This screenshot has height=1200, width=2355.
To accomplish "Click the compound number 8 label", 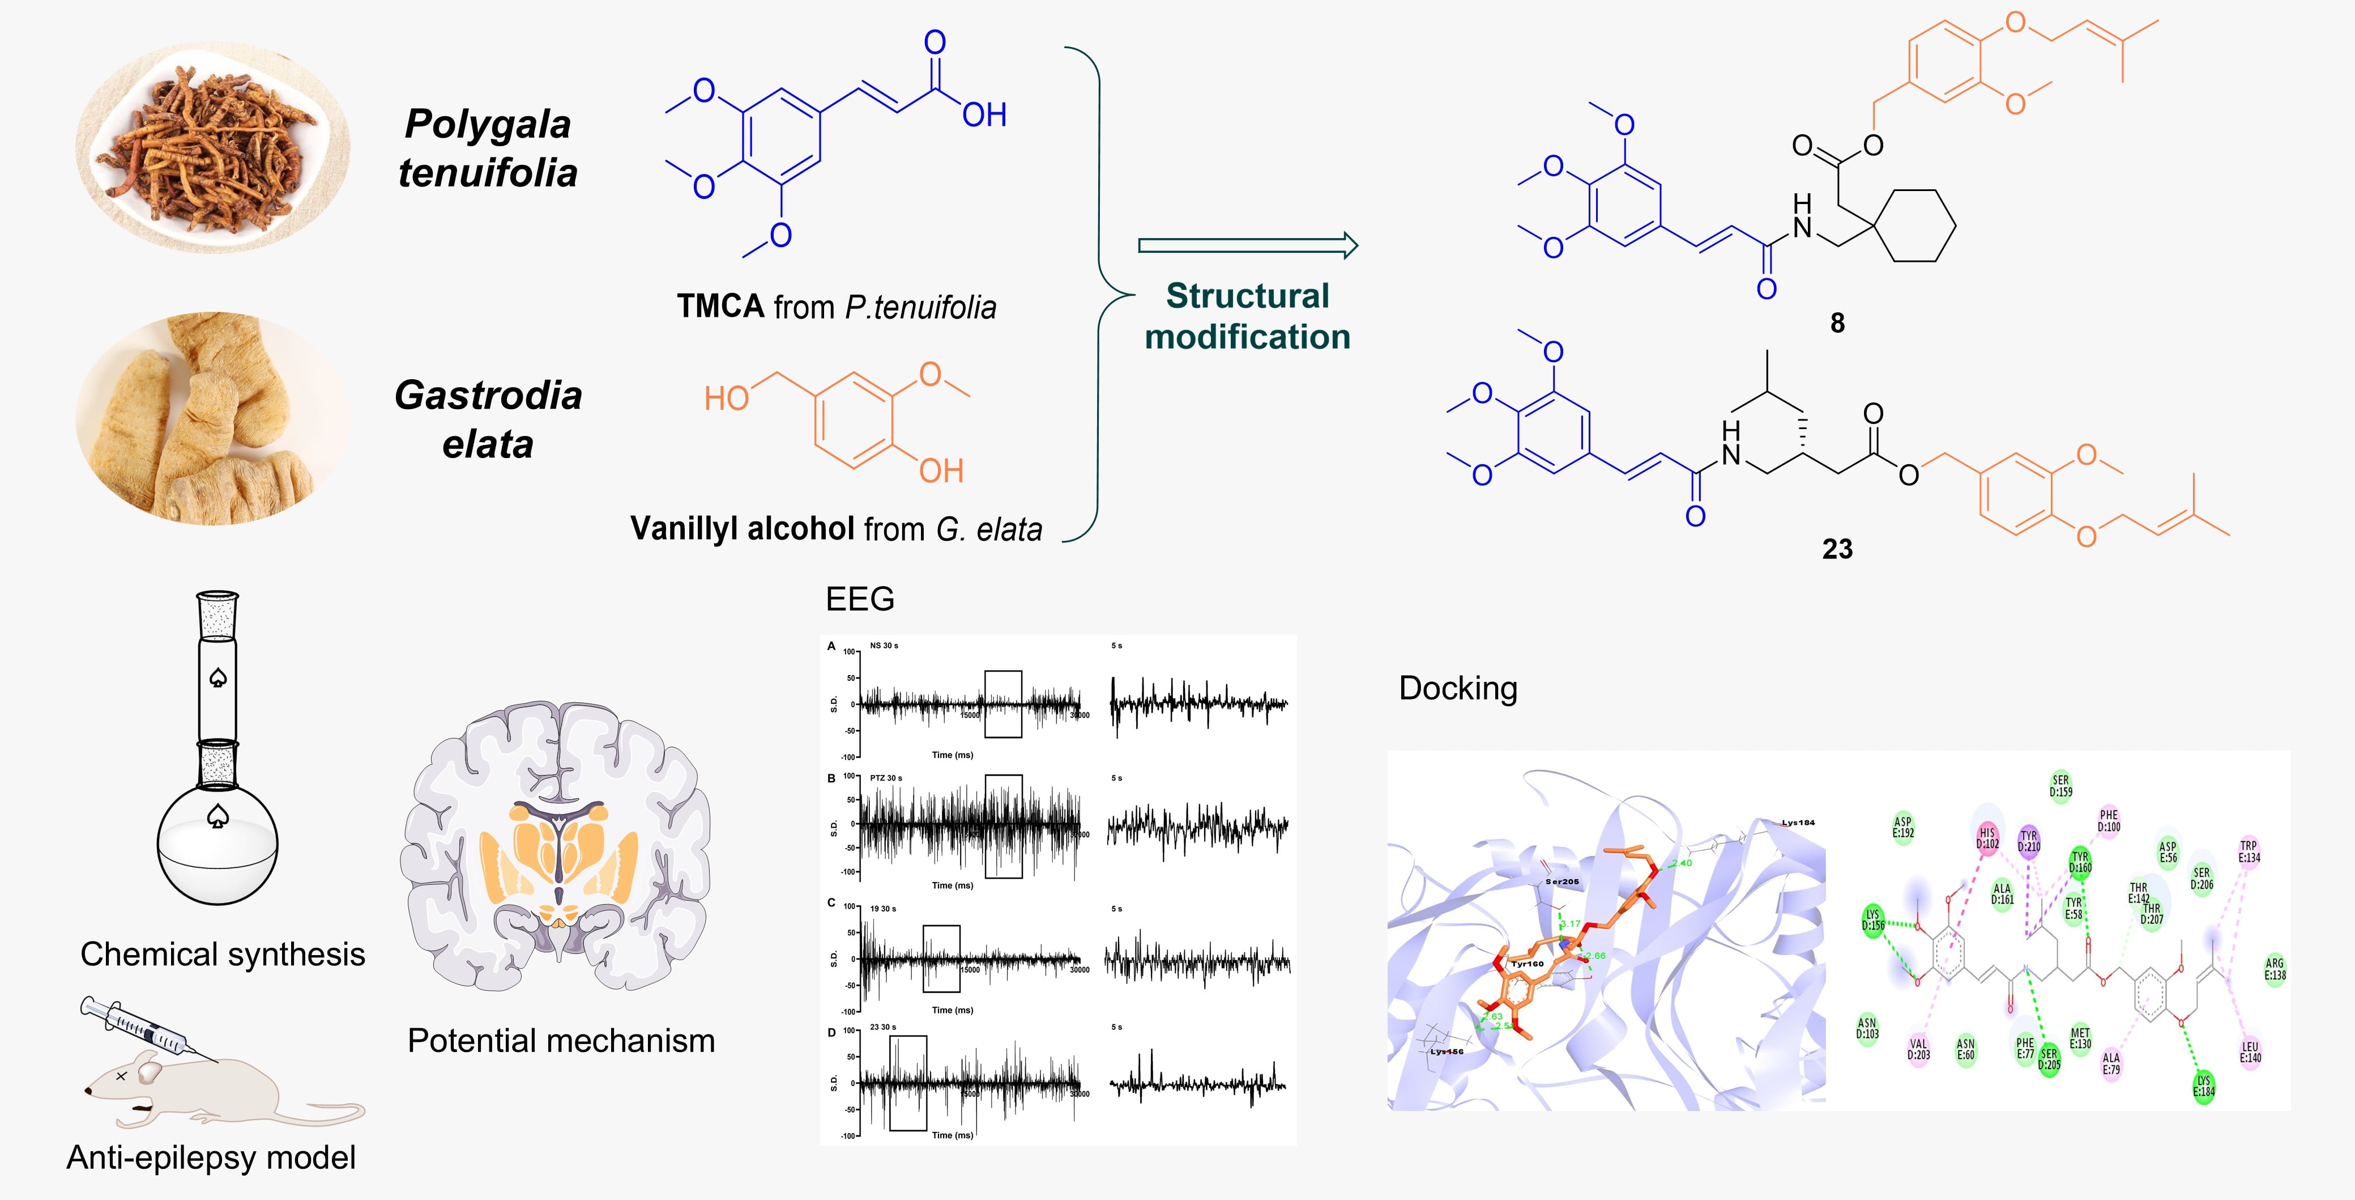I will click(x=1837, y=323).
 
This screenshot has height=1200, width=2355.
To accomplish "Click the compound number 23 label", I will click(x=1837, y=549).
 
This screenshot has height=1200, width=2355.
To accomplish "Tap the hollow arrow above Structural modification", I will click(x=1248, y=245).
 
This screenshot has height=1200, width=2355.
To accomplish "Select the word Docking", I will click(x=1458, y=688).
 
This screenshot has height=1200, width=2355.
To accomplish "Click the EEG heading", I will click(x=859, y=599).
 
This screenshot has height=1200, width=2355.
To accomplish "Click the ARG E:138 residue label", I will click(x=2275, y=969).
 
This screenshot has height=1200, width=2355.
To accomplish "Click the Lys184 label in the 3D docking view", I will click(x=1797, y=822).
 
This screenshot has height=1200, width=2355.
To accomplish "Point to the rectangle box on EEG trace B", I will click(x=1004, y=826).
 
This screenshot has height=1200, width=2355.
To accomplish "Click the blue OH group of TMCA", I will click(x=984, y=115).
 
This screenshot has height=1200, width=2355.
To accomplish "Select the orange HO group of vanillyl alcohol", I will click(x=727, y=399).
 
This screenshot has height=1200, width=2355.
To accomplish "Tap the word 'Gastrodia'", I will click(x=488, y=395).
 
